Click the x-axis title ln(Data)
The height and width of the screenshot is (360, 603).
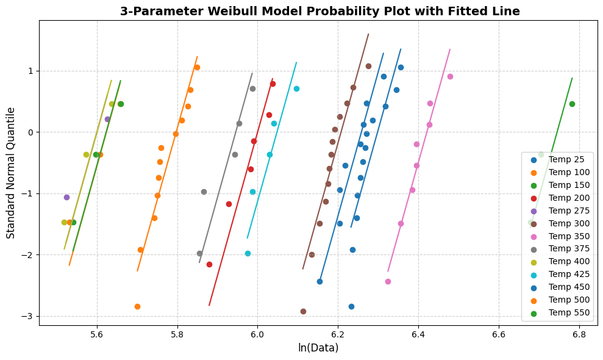click(x=318, y=348)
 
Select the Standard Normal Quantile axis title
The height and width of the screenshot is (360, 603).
click(x=11, y=173)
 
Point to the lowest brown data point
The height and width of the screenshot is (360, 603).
click(x=303, y=311)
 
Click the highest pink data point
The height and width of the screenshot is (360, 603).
click(x=450, y=76)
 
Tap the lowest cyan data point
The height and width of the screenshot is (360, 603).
click(x=248, y=253)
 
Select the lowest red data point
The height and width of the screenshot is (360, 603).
click(x=209, y=264)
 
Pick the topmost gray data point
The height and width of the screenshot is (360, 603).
click(x=252, y=88)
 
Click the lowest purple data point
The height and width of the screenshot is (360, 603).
click(x=66, y=197)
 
